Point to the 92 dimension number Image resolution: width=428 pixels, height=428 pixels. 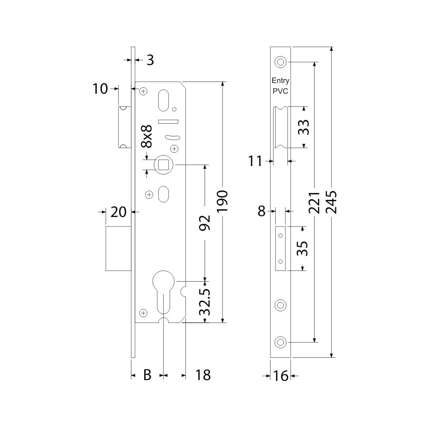[205, 223]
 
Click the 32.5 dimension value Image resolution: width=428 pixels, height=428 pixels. [205, 301]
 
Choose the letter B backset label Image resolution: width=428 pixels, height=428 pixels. [147, 375]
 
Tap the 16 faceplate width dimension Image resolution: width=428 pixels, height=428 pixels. [281, 376]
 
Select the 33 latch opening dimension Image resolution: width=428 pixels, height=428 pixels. [303, 127]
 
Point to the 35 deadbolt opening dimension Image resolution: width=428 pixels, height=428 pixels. [303, 248]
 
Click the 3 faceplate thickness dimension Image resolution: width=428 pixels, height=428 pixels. [150, 60]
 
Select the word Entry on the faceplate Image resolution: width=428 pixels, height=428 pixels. [281, 80]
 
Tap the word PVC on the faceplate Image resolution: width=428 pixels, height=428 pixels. [280, 91]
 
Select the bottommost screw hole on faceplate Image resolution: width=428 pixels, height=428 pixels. [280, 342]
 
